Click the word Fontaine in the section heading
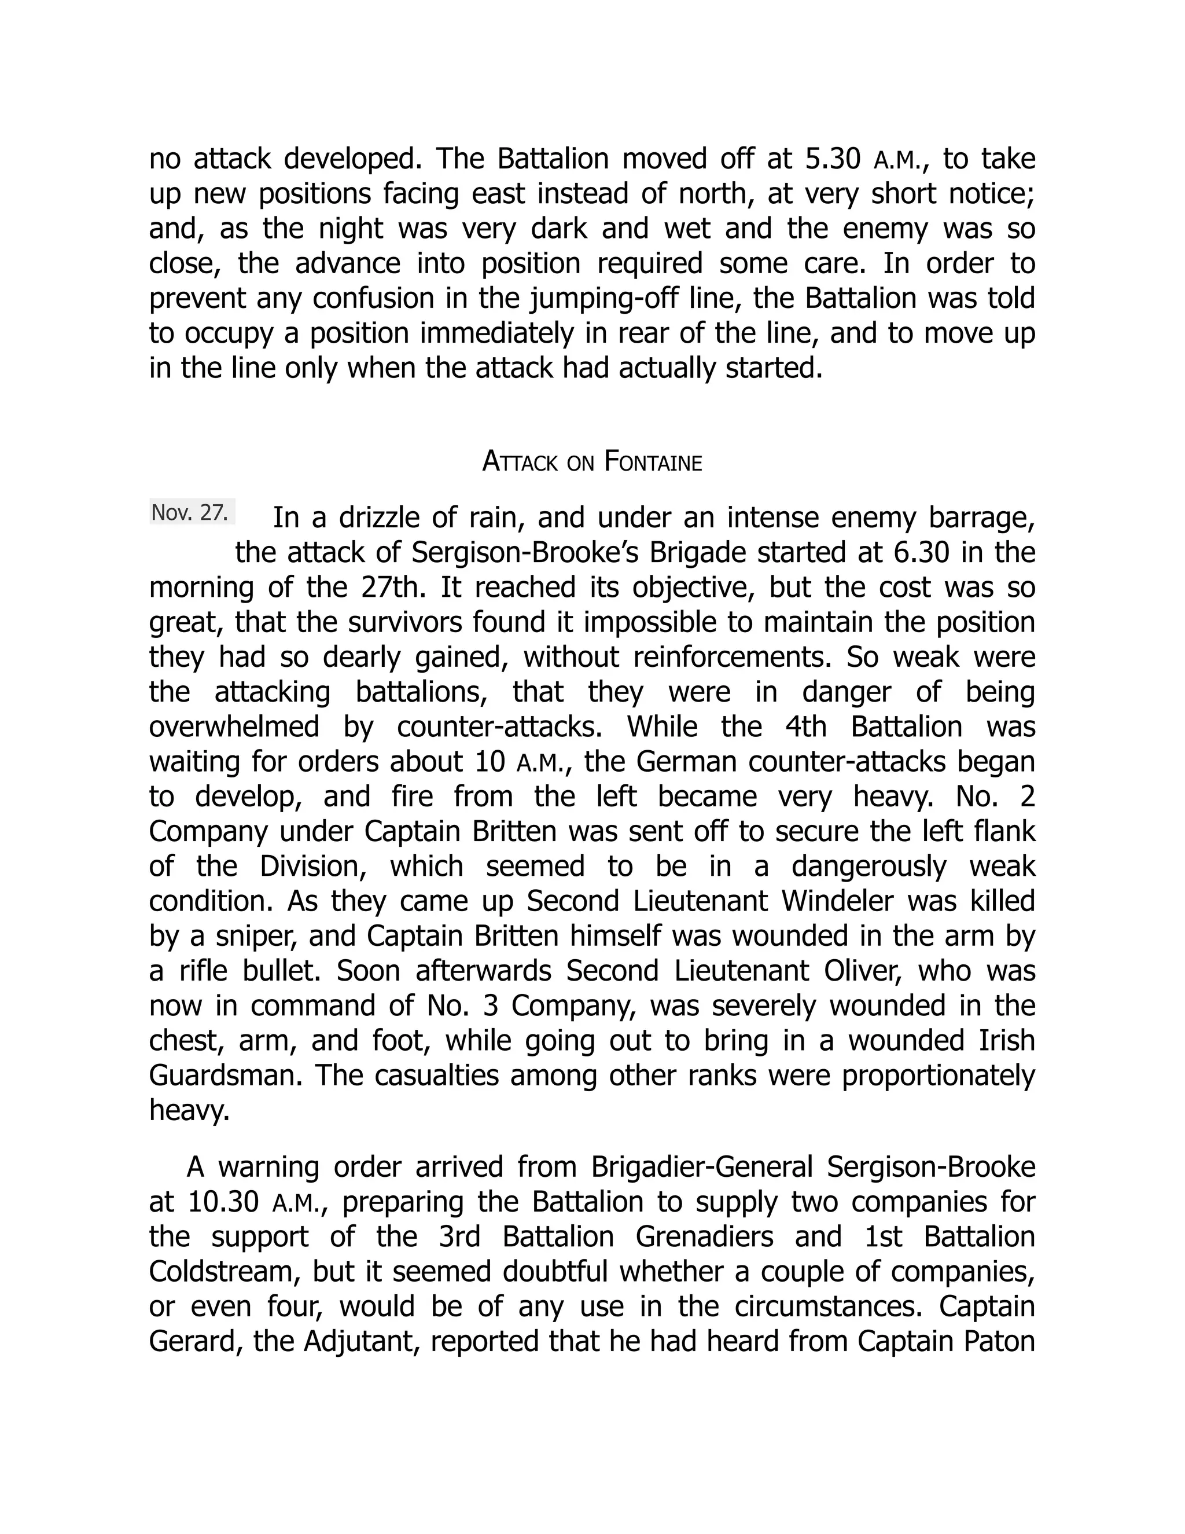pos(653,462)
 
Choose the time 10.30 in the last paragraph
pos(224,1202)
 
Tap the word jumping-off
pos(588,299)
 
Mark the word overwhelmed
pos(234,726)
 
